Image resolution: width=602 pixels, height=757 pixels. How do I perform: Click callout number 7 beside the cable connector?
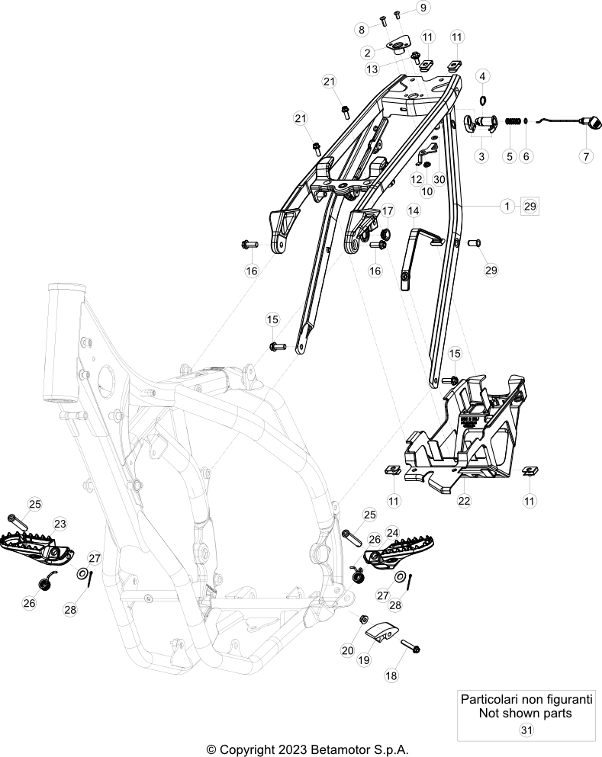click(x=586, y=156)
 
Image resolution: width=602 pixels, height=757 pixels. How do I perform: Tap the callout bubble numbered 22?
click(x=465, y=501)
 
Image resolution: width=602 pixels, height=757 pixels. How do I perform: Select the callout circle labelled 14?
click(x=413, y=210)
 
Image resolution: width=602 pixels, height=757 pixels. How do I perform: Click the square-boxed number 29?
click(x=530, y=206)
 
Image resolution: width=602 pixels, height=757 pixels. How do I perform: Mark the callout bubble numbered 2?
click(x=368, y=53)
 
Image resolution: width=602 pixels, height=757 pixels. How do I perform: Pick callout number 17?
click(x=388, y=210)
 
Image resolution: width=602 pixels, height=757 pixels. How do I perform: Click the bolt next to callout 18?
click(x=409, y=646)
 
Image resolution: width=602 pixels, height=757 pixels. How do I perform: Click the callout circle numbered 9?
click(x=423, y=8)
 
